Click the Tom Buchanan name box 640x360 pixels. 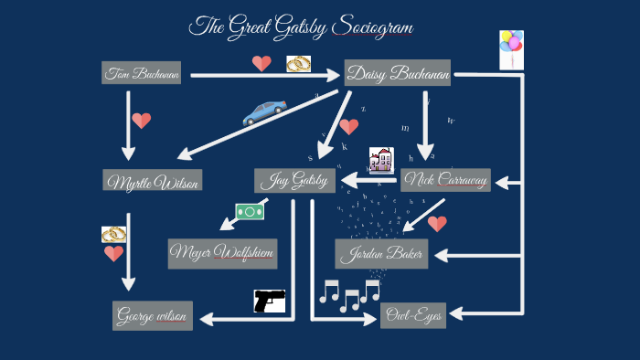tap(142, 73)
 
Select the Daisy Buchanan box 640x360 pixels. tap(398, 73)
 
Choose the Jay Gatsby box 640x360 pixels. tap(294, 180)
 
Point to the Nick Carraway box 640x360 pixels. tap(446, 180)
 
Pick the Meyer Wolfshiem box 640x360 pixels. tap(222, 252)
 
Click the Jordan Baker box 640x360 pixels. tap(381, 254)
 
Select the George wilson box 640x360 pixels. tap(153, 316)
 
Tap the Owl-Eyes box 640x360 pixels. tap(412, 316)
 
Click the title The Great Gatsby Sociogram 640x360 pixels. tap(302, 27)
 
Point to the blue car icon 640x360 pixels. tap(263, 112)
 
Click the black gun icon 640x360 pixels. tap(269, 300)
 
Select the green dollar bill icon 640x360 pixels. tap(250, 211)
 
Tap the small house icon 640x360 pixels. tap(380, 160)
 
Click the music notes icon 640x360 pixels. tap(349, 294)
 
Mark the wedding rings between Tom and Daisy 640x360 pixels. tap(298, 64)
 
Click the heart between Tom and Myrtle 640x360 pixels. tap(141, 121)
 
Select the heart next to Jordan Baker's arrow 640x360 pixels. tap(437, 223)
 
